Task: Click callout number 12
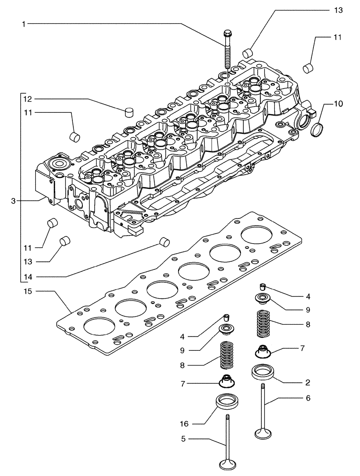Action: pyautogui.click(x=27, y=99)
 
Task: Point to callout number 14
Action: pyautogui.click(x=27, y=277)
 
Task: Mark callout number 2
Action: pyautogui.click(x=308, y=382)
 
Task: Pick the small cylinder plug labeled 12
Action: pyautogui.click(x=128, y=113)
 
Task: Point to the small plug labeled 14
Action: pyautogui.click(x=165, y=242)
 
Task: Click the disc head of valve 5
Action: pyautogui.click(x=229, y=464)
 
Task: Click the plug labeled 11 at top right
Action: pyautogui.click(x=308, y=67)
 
